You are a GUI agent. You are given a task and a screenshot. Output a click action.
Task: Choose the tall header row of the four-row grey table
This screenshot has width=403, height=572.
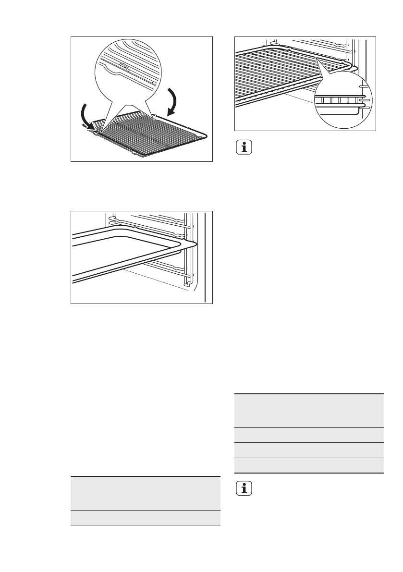[309, 410]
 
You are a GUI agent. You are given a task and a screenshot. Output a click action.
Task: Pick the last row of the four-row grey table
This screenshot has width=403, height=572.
[309, 465]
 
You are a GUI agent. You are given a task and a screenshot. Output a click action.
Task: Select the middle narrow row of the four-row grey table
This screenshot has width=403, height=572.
[309, 450]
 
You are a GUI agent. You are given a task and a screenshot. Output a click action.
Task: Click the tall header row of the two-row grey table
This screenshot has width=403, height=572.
[145, 493]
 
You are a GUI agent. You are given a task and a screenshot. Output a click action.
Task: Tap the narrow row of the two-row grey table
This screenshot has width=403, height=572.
[145, 517]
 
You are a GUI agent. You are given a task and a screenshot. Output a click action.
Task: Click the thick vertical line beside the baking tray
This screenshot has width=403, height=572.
[205, 257]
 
